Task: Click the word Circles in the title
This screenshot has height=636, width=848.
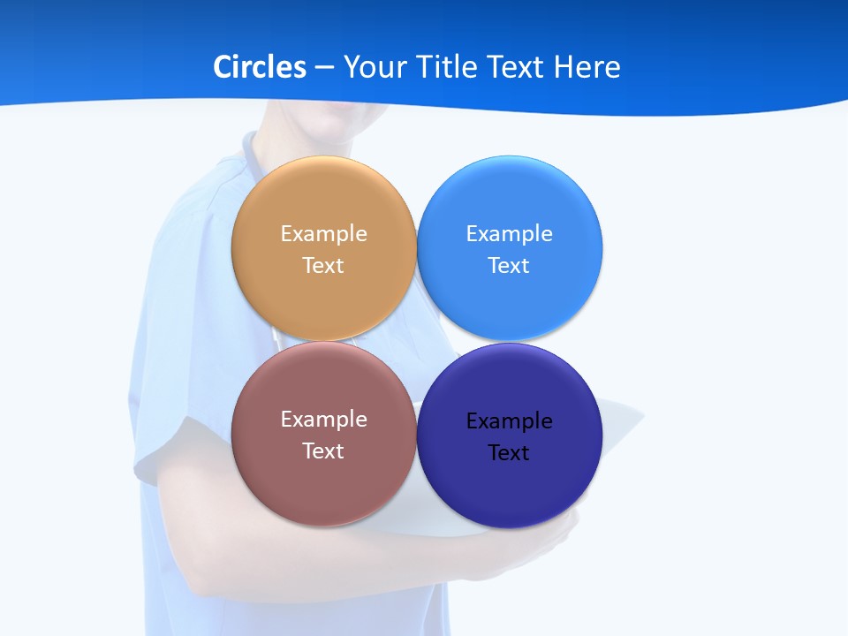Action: tap(260, 67)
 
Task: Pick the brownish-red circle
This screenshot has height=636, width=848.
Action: tap(323, 486)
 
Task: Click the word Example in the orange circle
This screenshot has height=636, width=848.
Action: tap(323, 234)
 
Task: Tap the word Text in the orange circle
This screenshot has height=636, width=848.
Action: tap(323, 266)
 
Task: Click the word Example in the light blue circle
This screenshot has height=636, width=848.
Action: tap(509, 234)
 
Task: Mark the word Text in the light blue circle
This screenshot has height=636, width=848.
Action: tap(509, 266)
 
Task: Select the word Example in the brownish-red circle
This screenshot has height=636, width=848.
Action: tap(323, 420)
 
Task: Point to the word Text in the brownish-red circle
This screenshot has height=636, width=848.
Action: tap(323, 451)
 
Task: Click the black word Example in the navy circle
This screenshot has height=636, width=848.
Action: tap(509, 421)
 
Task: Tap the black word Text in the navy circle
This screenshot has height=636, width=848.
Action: tap(509, 453)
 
